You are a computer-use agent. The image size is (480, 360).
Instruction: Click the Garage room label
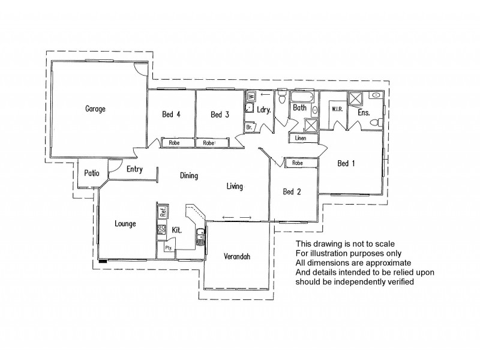(95, 109)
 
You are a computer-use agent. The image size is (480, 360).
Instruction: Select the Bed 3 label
(220, 115)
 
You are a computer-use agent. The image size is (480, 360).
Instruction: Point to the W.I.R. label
(337, 109)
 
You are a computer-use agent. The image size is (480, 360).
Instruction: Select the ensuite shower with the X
(356, 99)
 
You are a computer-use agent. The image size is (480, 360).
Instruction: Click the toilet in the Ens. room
(376, 123)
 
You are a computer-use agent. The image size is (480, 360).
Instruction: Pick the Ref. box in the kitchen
(162, 211)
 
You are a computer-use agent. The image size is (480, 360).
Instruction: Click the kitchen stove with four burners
(161, 229)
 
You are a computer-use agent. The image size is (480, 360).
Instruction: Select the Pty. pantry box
(161, 248)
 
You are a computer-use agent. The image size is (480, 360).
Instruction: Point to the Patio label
(91, 173)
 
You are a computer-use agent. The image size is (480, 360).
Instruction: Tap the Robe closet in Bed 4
(174, 143)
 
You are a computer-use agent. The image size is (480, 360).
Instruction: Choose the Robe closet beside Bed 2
(296, 163)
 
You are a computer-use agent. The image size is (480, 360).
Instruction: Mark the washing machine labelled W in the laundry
(251, 95)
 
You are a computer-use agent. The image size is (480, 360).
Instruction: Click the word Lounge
(125, 224)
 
